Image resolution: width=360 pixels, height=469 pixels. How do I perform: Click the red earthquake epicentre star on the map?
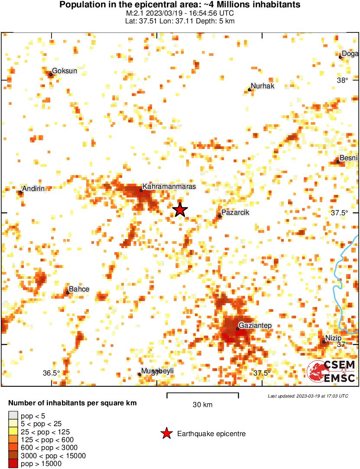coord(180,210)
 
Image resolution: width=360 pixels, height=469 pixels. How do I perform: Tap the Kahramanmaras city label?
coord(169,186)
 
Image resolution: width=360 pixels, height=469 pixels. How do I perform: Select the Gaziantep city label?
coord(255,325)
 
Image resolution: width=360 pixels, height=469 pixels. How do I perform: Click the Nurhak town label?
coord(263,86)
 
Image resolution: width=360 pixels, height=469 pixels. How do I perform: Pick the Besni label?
coord(348,158)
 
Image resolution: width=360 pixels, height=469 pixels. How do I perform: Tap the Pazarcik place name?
coord(235,213)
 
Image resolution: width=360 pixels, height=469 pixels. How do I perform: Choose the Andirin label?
coord(34,188)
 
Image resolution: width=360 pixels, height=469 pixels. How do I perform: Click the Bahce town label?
coord(79,289)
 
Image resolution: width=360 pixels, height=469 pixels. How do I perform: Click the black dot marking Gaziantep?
coord(237,329)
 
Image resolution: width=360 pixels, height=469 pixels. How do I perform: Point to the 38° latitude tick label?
coord(343,80)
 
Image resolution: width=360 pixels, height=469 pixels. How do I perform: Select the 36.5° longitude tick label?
coord(51,373)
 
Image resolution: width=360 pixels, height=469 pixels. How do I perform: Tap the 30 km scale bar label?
coord(203,405)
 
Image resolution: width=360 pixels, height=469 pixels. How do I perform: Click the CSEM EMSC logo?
coord(331,372)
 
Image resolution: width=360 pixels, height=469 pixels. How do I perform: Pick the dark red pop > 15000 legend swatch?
coord(14,463)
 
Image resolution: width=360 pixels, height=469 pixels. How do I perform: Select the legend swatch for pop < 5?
coord(14,416)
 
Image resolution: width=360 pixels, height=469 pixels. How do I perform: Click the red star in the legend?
coord(166,433)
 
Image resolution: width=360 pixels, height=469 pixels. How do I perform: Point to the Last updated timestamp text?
coord(308,396)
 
